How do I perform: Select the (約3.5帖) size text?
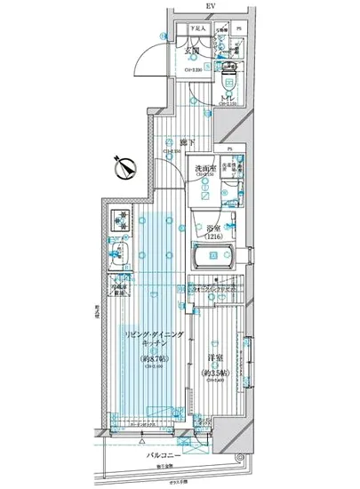click(212, 373)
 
